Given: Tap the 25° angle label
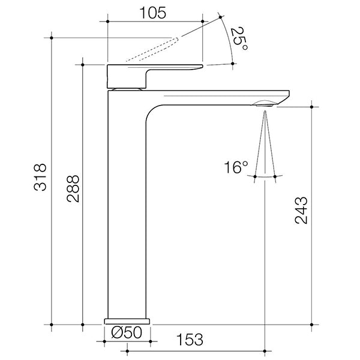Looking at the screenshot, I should tap(238, 40).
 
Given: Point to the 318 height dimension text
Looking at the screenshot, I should tap(40, 178).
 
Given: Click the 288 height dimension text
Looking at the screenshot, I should tap(73, 188).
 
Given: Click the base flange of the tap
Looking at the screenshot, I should tap(127, 320).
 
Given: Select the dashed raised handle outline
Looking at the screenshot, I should tap(153, 49).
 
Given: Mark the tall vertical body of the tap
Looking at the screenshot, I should tap(126, 210).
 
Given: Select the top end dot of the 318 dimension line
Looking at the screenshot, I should tap(52, 38).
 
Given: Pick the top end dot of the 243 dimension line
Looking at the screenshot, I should tap(312, 107).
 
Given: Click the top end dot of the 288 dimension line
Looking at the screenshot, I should tap(82, 63).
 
